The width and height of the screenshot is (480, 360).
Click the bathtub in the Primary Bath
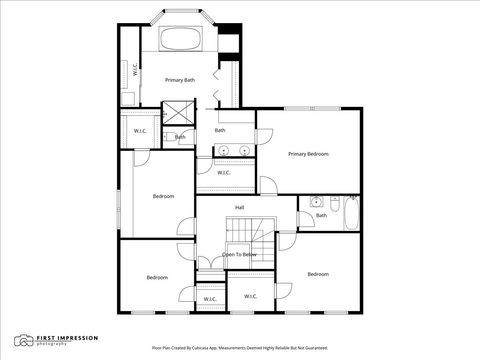pyautogui.click(x=181, y=41)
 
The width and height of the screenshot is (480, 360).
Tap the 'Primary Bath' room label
pyautogui.click(x=180, y=79)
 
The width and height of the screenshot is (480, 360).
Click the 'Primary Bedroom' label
pyautogui.click(x=308, y=153)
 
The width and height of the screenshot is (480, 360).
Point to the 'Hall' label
pyautogui.click(x=240, y=207)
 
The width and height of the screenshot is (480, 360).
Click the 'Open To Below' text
pyautogui.click(x=240, y=255)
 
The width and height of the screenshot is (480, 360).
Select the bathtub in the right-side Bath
pyautogui.click(x=350, y=212)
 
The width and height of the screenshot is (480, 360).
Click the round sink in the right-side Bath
pyautogui.click(x=315, y=202)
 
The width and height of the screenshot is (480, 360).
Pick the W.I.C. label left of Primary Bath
pyautogui.click(x=133, y=71)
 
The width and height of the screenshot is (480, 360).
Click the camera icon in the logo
pyautogui.click(x=23, y=342)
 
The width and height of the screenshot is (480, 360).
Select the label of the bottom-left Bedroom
pyautogui.click(x=156, y=277)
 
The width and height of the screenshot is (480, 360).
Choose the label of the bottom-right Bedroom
pyautogui.click(x=318, y=274)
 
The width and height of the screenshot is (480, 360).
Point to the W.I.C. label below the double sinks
pyautogui.click(x=224, y=172)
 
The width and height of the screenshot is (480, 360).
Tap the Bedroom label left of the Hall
pyautogui.click(x=163, y=196)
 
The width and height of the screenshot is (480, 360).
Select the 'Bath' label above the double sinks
pyautogui.click(x=220, y=130)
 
